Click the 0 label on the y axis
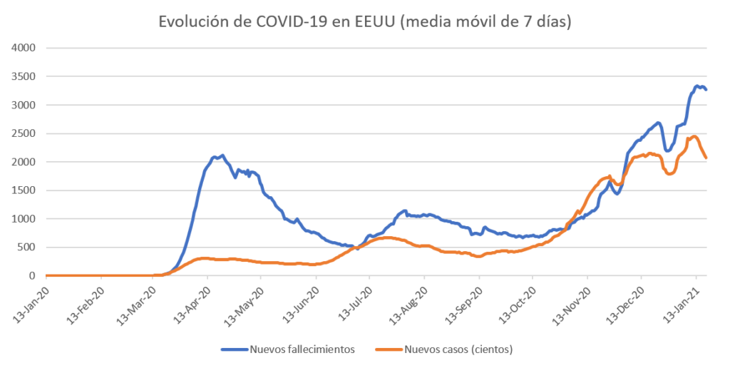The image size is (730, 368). point(33,276)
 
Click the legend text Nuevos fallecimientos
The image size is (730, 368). point(302,349)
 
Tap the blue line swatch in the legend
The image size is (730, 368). point(234,349)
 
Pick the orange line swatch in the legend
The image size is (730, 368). point(389,349)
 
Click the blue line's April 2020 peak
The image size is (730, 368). point(222,155)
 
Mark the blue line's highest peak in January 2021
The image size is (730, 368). point(696,86)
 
